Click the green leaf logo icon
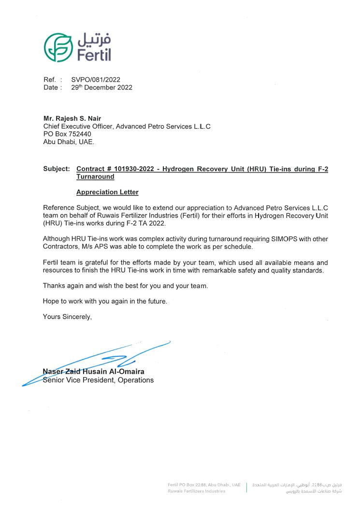(58, 47)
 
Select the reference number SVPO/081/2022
(96, 80)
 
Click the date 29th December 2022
(101, 87)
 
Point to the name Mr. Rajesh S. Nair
(72, 118)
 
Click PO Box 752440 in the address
(67, 134)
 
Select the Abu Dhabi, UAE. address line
(69, 142)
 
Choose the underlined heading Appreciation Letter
(107, 192)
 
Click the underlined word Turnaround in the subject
(95, 177)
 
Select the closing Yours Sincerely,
(67, 317)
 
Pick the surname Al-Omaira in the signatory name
(128, 372)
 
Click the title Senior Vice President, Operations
(98, 380)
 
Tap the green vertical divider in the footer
(247, 487)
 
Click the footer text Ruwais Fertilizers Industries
(196, 491)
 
